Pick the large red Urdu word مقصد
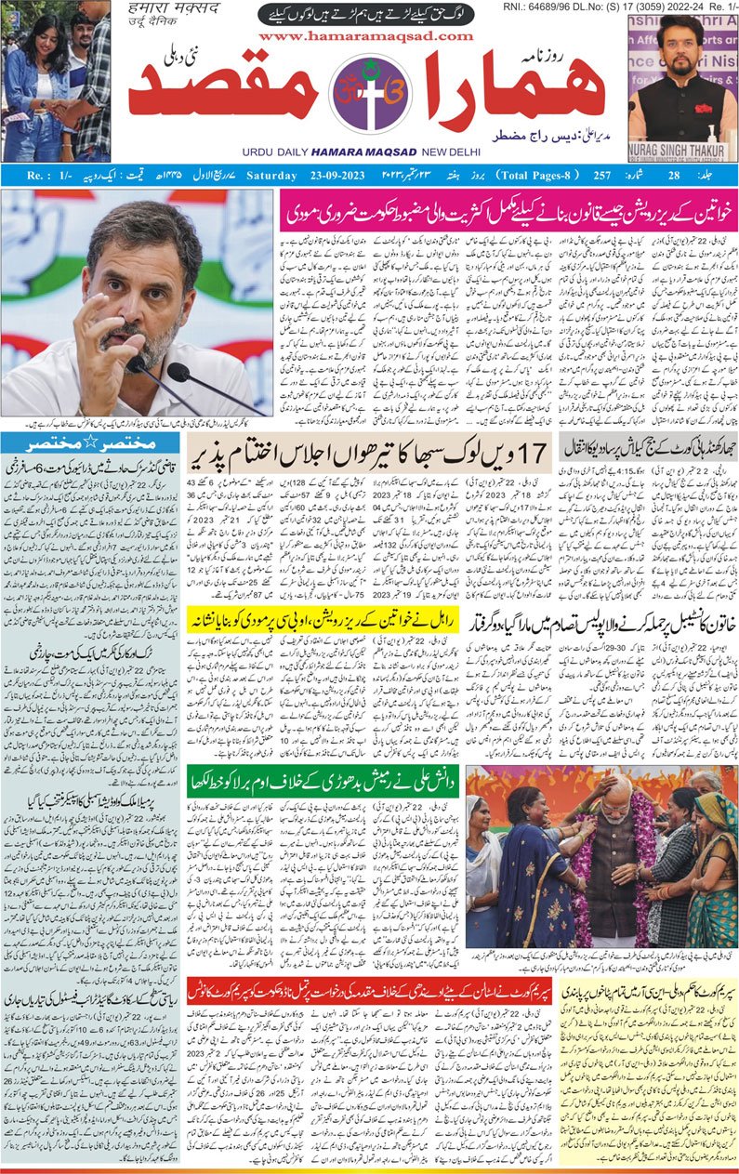pyautogui.click(x=224, y=93)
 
